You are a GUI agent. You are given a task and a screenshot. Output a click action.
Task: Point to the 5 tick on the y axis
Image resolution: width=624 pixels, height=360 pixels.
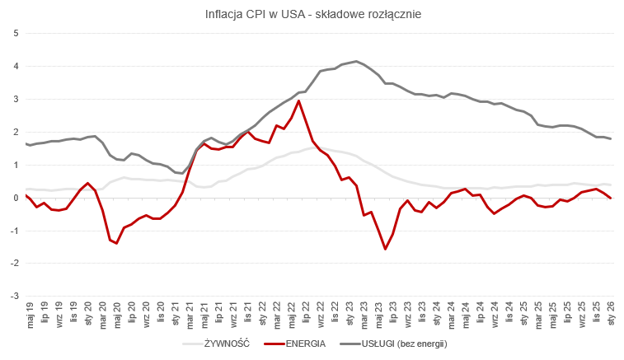(16, 33)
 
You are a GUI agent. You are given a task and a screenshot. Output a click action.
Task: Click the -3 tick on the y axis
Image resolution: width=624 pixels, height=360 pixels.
(14, 296)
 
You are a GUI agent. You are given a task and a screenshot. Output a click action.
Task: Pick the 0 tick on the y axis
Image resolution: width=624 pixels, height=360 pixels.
(16, 198)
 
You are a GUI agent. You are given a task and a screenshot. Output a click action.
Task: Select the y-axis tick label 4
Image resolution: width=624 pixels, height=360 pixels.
(16, 66)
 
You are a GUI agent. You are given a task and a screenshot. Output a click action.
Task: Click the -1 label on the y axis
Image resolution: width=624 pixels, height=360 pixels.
(14, 231)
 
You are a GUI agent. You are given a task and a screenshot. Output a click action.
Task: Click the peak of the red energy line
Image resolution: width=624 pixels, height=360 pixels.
(298, 101)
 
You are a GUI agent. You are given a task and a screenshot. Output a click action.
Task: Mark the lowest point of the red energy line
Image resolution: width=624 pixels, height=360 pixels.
(385, 249)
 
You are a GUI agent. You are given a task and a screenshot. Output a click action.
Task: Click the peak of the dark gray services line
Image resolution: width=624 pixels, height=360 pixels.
(356, 61)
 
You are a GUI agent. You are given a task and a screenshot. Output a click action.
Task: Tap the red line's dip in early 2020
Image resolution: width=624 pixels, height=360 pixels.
(116, 243)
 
